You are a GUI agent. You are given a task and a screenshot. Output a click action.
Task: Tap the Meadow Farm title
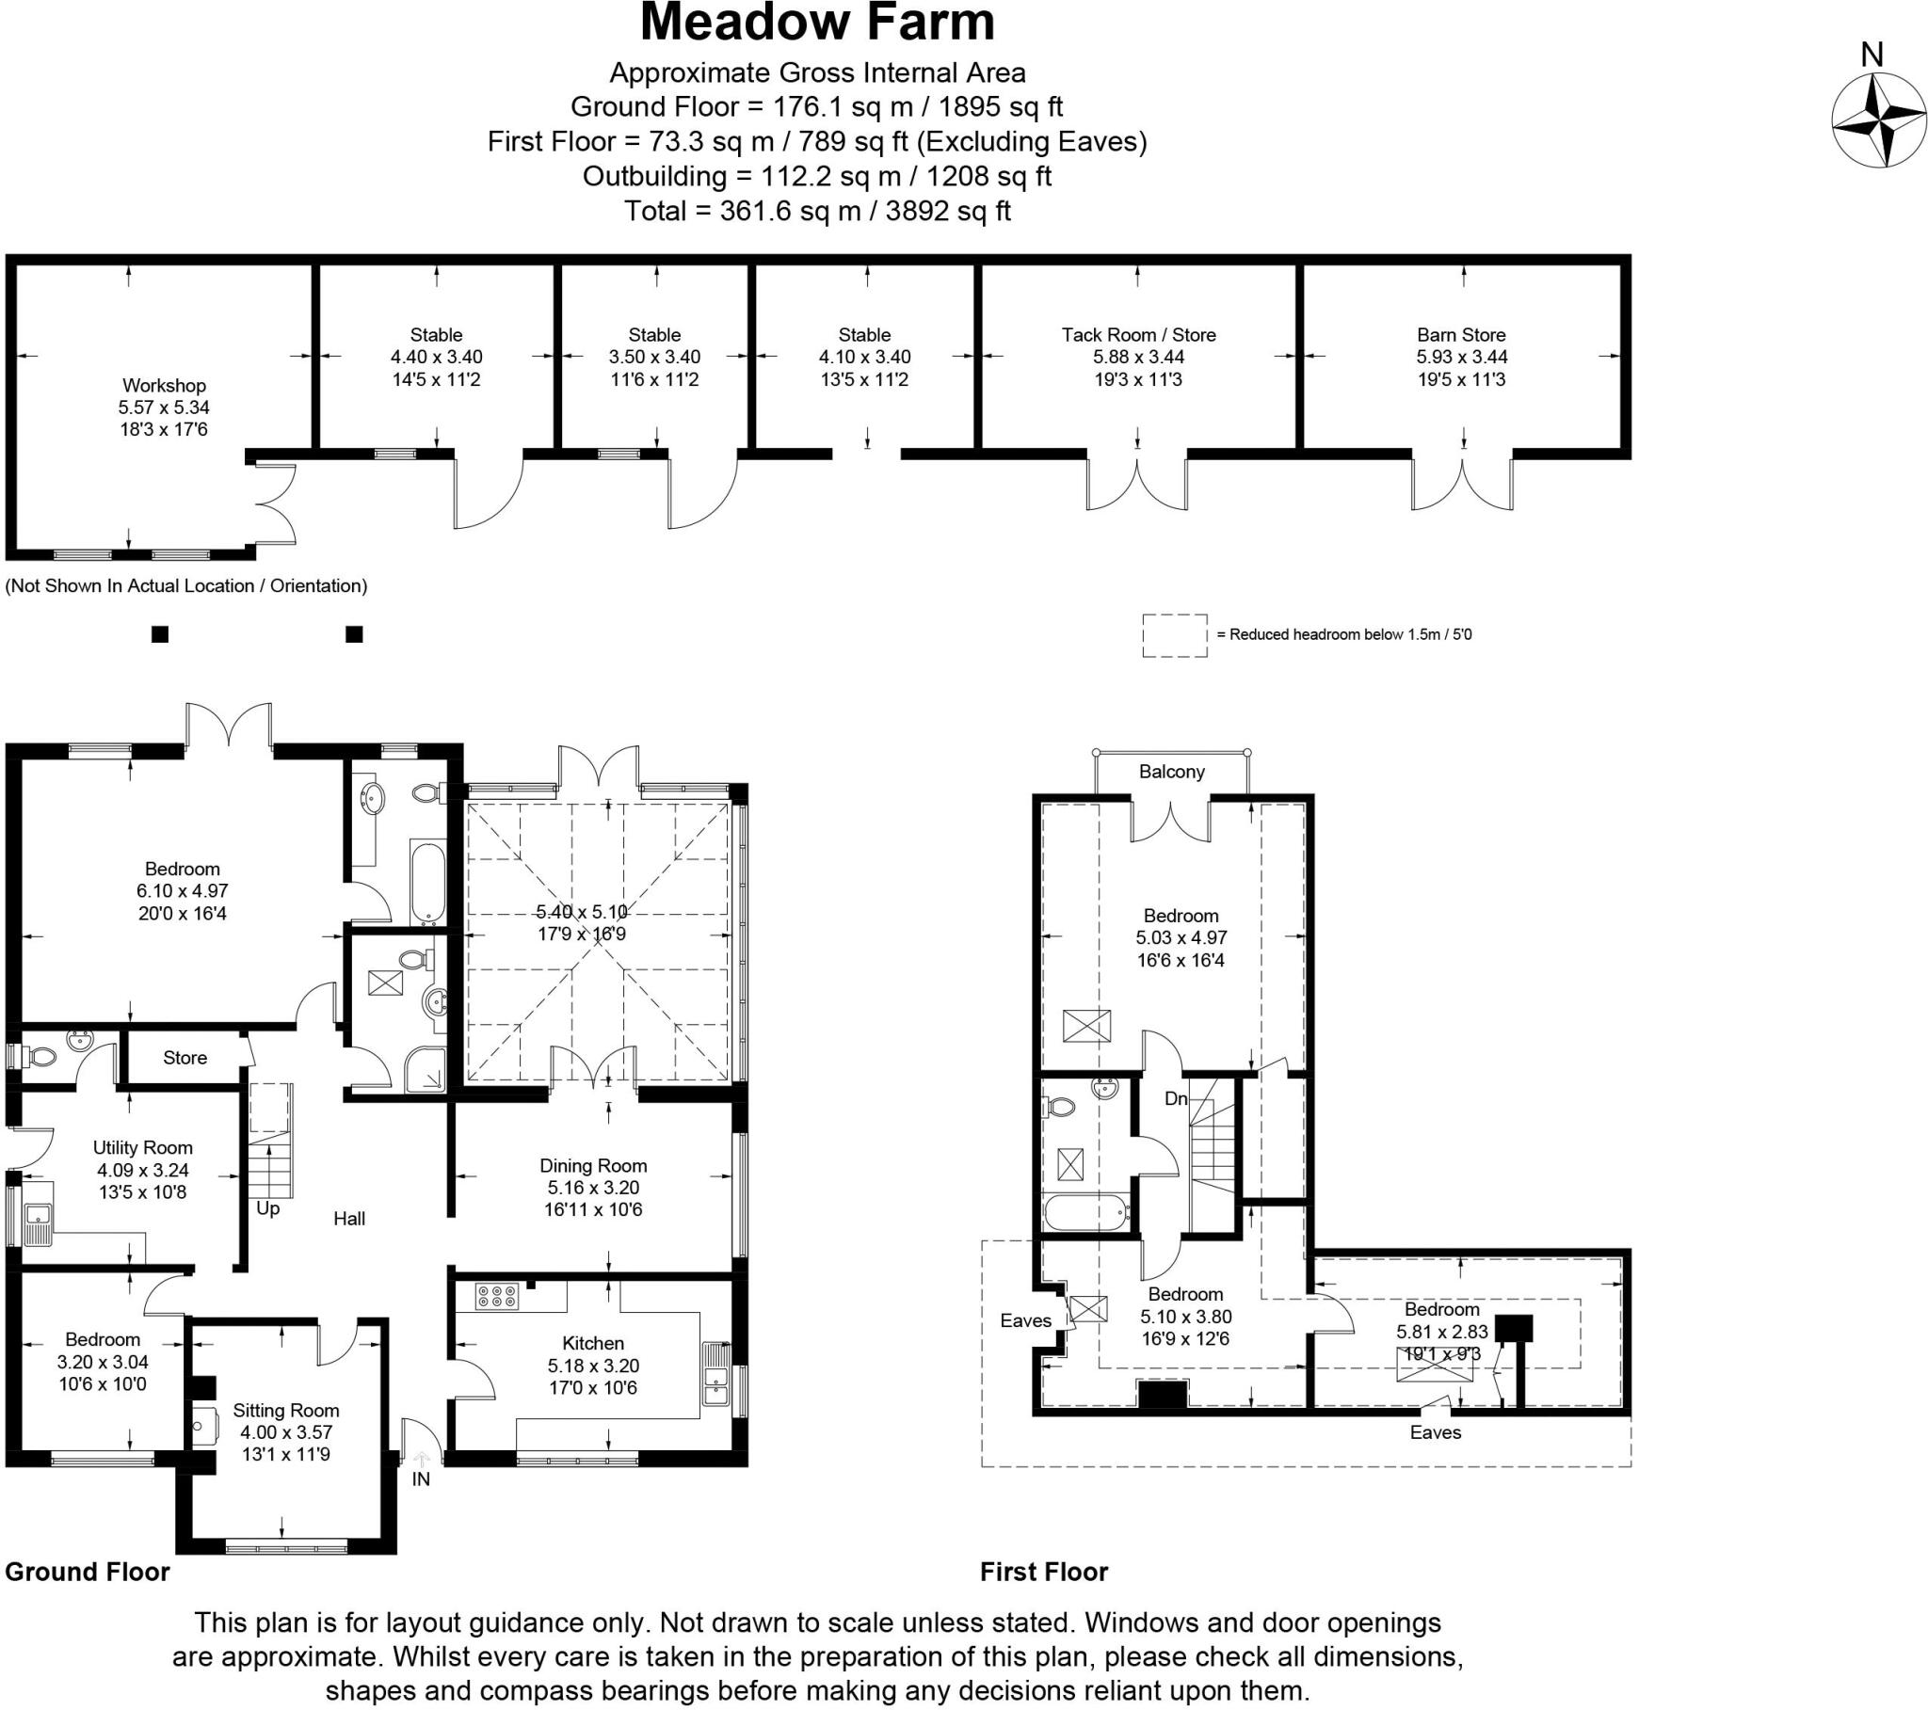coord(817,23)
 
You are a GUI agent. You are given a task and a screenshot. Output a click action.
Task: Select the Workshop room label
coord(164,385)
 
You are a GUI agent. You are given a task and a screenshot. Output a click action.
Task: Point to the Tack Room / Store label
coord(1138,334)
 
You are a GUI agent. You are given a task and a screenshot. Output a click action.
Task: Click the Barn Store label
coord(1461,334)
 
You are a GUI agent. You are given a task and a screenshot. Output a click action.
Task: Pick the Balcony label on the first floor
coord(1171,772)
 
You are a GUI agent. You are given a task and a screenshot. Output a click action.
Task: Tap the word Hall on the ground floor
coord(349,1219)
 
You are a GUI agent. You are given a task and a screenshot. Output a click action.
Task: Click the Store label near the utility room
coord(185,1057)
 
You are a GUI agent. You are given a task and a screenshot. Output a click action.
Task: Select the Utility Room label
coord(142,1147)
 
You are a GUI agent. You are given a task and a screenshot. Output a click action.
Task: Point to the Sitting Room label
coord(286,1410)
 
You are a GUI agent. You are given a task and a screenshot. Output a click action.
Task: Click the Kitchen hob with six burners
coord(496,1296)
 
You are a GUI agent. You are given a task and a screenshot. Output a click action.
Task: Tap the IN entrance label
coord(421,1478)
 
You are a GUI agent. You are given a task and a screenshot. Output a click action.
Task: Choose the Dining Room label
coord(593,1165)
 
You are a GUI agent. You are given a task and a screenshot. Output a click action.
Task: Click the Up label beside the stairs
coord(268,1209)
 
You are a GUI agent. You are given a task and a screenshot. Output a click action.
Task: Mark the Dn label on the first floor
coord(1175,1098)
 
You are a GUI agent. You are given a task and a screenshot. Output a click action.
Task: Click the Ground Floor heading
coord(88,1572)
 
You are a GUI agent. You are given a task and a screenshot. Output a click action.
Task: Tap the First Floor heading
coord(1044,1572)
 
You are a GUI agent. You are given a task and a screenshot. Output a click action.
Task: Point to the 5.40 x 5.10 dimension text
coord(582,912)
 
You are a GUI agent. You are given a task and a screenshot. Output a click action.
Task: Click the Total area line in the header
coord(817,210)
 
